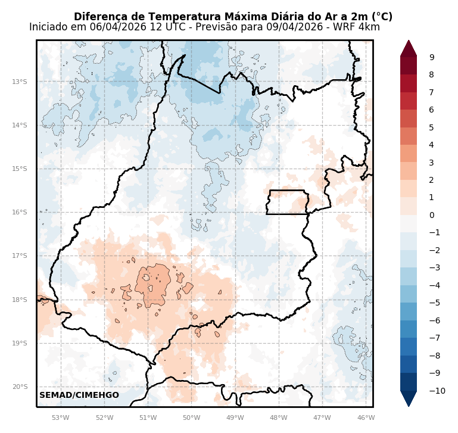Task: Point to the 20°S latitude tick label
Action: (20, 387)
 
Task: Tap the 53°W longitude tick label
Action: (61, 418)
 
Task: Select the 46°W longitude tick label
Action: (366, 418)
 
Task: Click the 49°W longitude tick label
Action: (235, 418)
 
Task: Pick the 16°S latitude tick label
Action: (20, 212)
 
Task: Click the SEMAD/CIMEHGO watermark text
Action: (79, 395)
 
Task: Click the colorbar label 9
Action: (432, 57)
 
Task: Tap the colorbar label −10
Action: (437, 391)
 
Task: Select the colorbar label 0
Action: (432, 215)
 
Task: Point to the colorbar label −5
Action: (435, 303)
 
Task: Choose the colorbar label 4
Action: (432, 145)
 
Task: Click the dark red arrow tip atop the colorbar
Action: (409, 46)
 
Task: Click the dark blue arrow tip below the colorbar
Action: (409, 400)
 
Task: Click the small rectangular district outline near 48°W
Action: (287, 202)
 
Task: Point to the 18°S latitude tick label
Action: (20, 300)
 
